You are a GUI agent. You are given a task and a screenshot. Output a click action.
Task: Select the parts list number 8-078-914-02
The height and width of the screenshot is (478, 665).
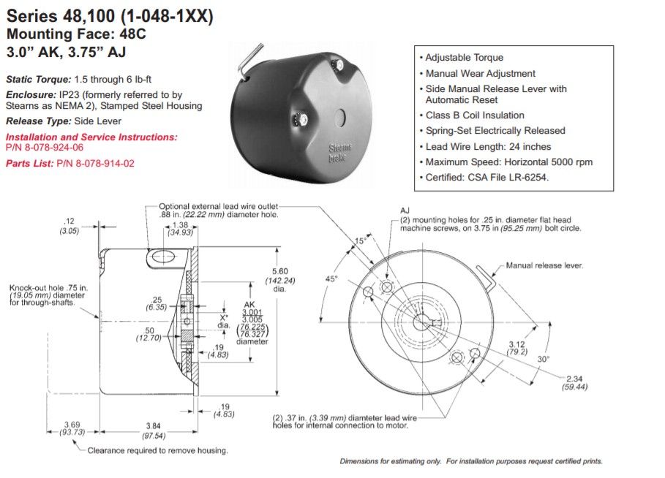95,164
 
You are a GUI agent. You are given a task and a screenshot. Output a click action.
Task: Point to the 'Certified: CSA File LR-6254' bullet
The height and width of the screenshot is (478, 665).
486,177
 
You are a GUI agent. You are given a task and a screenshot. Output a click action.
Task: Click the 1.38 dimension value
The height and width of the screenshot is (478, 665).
179,224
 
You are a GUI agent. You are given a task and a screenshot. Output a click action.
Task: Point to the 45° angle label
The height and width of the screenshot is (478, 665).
331,279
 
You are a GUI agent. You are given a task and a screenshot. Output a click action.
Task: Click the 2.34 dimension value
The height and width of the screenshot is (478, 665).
574,378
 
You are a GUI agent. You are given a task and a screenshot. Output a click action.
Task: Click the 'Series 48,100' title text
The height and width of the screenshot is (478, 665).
52,16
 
